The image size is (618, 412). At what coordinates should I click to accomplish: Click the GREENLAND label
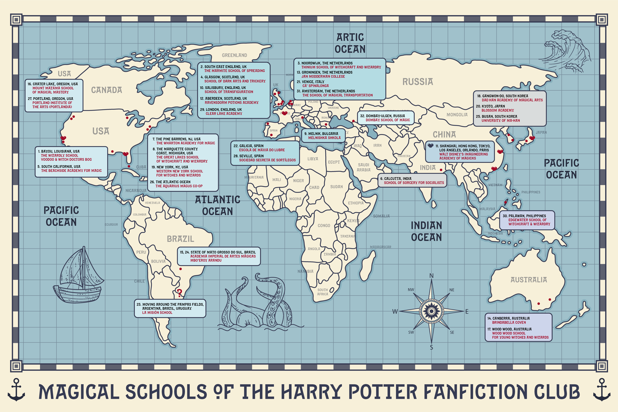click(x=234, y=55)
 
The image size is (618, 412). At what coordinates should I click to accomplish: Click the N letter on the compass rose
click(x=431, y=276)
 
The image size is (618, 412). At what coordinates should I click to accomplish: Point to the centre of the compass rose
click(x=431, y=311)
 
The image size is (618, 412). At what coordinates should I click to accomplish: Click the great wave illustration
click(x=567, y=53)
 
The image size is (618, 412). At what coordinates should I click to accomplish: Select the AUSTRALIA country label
click(x=529, y=280)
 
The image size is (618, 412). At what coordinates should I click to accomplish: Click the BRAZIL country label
click(x=180, y=239)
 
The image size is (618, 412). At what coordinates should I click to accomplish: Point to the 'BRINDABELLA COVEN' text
click(x=509, y=322)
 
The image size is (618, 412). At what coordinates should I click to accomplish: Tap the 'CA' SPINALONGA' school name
click(x=315, y=86)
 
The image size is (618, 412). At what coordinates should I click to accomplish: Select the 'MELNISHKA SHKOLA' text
click(x=324, y=138)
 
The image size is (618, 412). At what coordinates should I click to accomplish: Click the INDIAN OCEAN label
click(x=426, y=231)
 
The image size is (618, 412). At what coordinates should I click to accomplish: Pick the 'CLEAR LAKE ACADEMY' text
click(x=224, y=114)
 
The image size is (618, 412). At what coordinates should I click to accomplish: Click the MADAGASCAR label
click(x=381, y=247)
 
